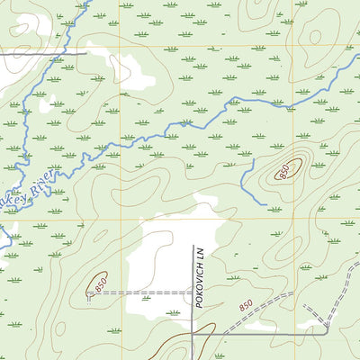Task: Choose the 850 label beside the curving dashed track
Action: click(247, 308)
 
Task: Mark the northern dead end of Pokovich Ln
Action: click(192, 246)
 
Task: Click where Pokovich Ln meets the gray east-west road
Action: click(192, 334)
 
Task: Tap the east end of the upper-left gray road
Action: click(86, 53)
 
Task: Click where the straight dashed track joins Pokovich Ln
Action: click(192, 292)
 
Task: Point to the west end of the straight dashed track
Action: click(90, 292)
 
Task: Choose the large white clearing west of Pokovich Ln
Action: click(157, 261)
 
